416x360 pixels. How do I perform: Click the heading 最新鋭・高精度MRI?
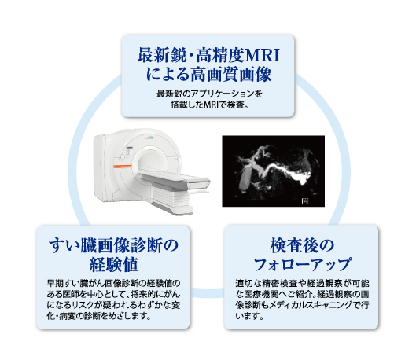coord(208,55)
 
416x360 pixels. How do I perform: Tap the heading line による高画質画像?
coord(208,74)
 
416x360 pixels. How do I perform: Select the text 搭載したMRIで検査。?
coord(209,105)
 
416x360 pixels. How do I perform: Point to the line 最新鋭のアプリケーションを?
coord(209,94)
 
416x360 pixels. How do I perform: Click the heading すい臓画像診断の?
coord(113,245)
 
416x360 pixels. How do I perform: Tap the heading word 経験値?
coord(113,265)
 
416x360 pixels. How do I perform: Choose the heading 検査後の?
coord(302,245)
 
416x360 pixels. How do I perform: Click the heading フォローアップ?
coord(302,264)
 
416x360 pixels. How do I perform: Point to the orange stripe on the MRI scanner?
coord(123,166)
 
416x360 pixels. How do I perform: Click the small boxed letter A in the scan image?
coord(305,201)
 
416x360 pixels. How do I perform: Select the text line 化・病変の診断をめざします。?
coord(99,316)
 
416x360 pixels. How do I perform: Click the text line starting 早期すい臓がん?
coord(113,283)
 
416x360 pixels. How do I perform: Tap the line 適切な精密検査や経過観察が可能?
coord(302,283)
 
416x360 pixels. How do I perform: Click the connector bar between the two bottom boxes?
coord(207,292)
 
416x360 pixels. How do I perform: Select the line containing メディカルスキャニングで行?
coord(302,305)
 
